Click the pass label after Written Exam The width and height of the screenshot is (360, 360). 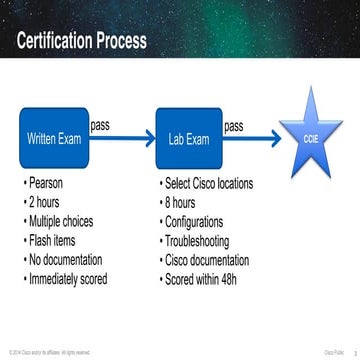coord(101,126)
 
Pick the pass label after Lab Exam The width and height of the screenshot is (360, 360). coord(233,126)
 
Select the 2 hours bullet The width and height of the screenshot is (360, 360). coord(48,203)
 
